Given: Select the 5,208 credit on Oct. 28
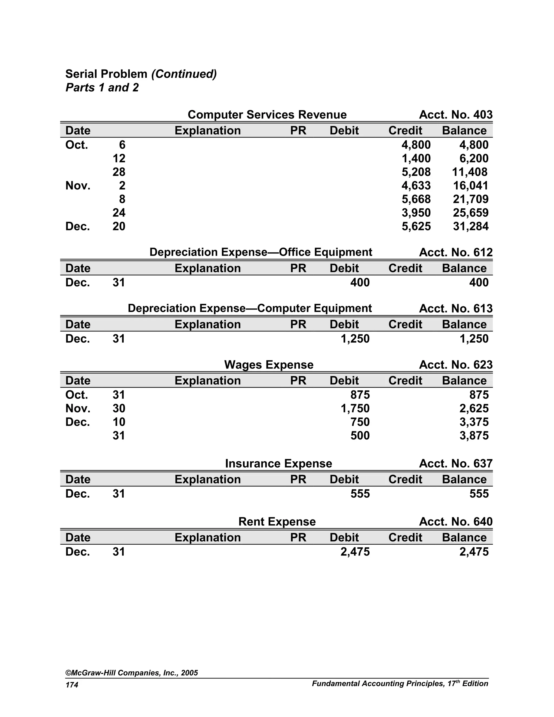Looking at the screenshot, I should click(416, 172).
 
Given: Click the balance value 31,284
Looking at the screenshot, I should click(470, 226).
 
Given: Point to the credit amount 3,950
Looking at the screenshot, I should click(416, 213).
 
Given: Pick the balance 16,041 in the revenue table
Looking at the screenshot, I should click(470, 186).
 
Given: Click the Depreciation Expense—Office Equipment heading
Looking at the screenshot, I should click(260, 252).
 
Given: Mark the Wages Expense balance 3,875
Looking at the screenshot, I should click(474, 436).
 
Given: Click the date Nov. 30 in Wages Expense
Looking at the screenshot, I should click(95, 408).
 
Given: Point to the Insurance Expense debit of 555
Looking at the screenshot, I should click(360, 494).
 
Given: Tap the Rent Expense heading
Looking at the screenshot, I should click(277, 522).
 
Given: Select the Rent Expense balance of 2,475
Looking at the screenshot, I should click(474, 552).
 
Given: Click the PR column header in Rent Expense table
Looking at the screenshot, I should click(298, 537).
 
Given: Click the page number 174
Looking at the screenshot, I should click(72, 685).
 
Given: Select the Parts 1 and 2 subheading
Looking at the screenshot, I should click(102, 88).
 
